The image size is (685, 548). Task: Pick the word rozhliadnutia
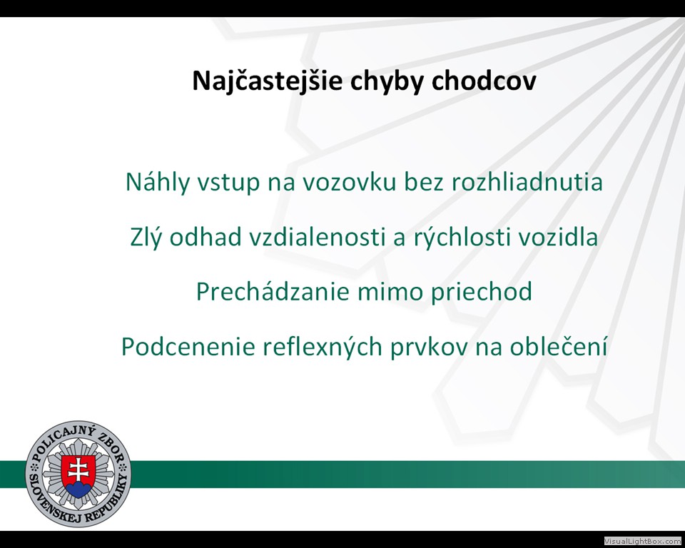527,182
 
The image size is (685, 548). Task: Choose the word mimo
390,292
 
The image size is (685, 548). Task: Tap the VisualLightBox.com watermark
643,541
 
